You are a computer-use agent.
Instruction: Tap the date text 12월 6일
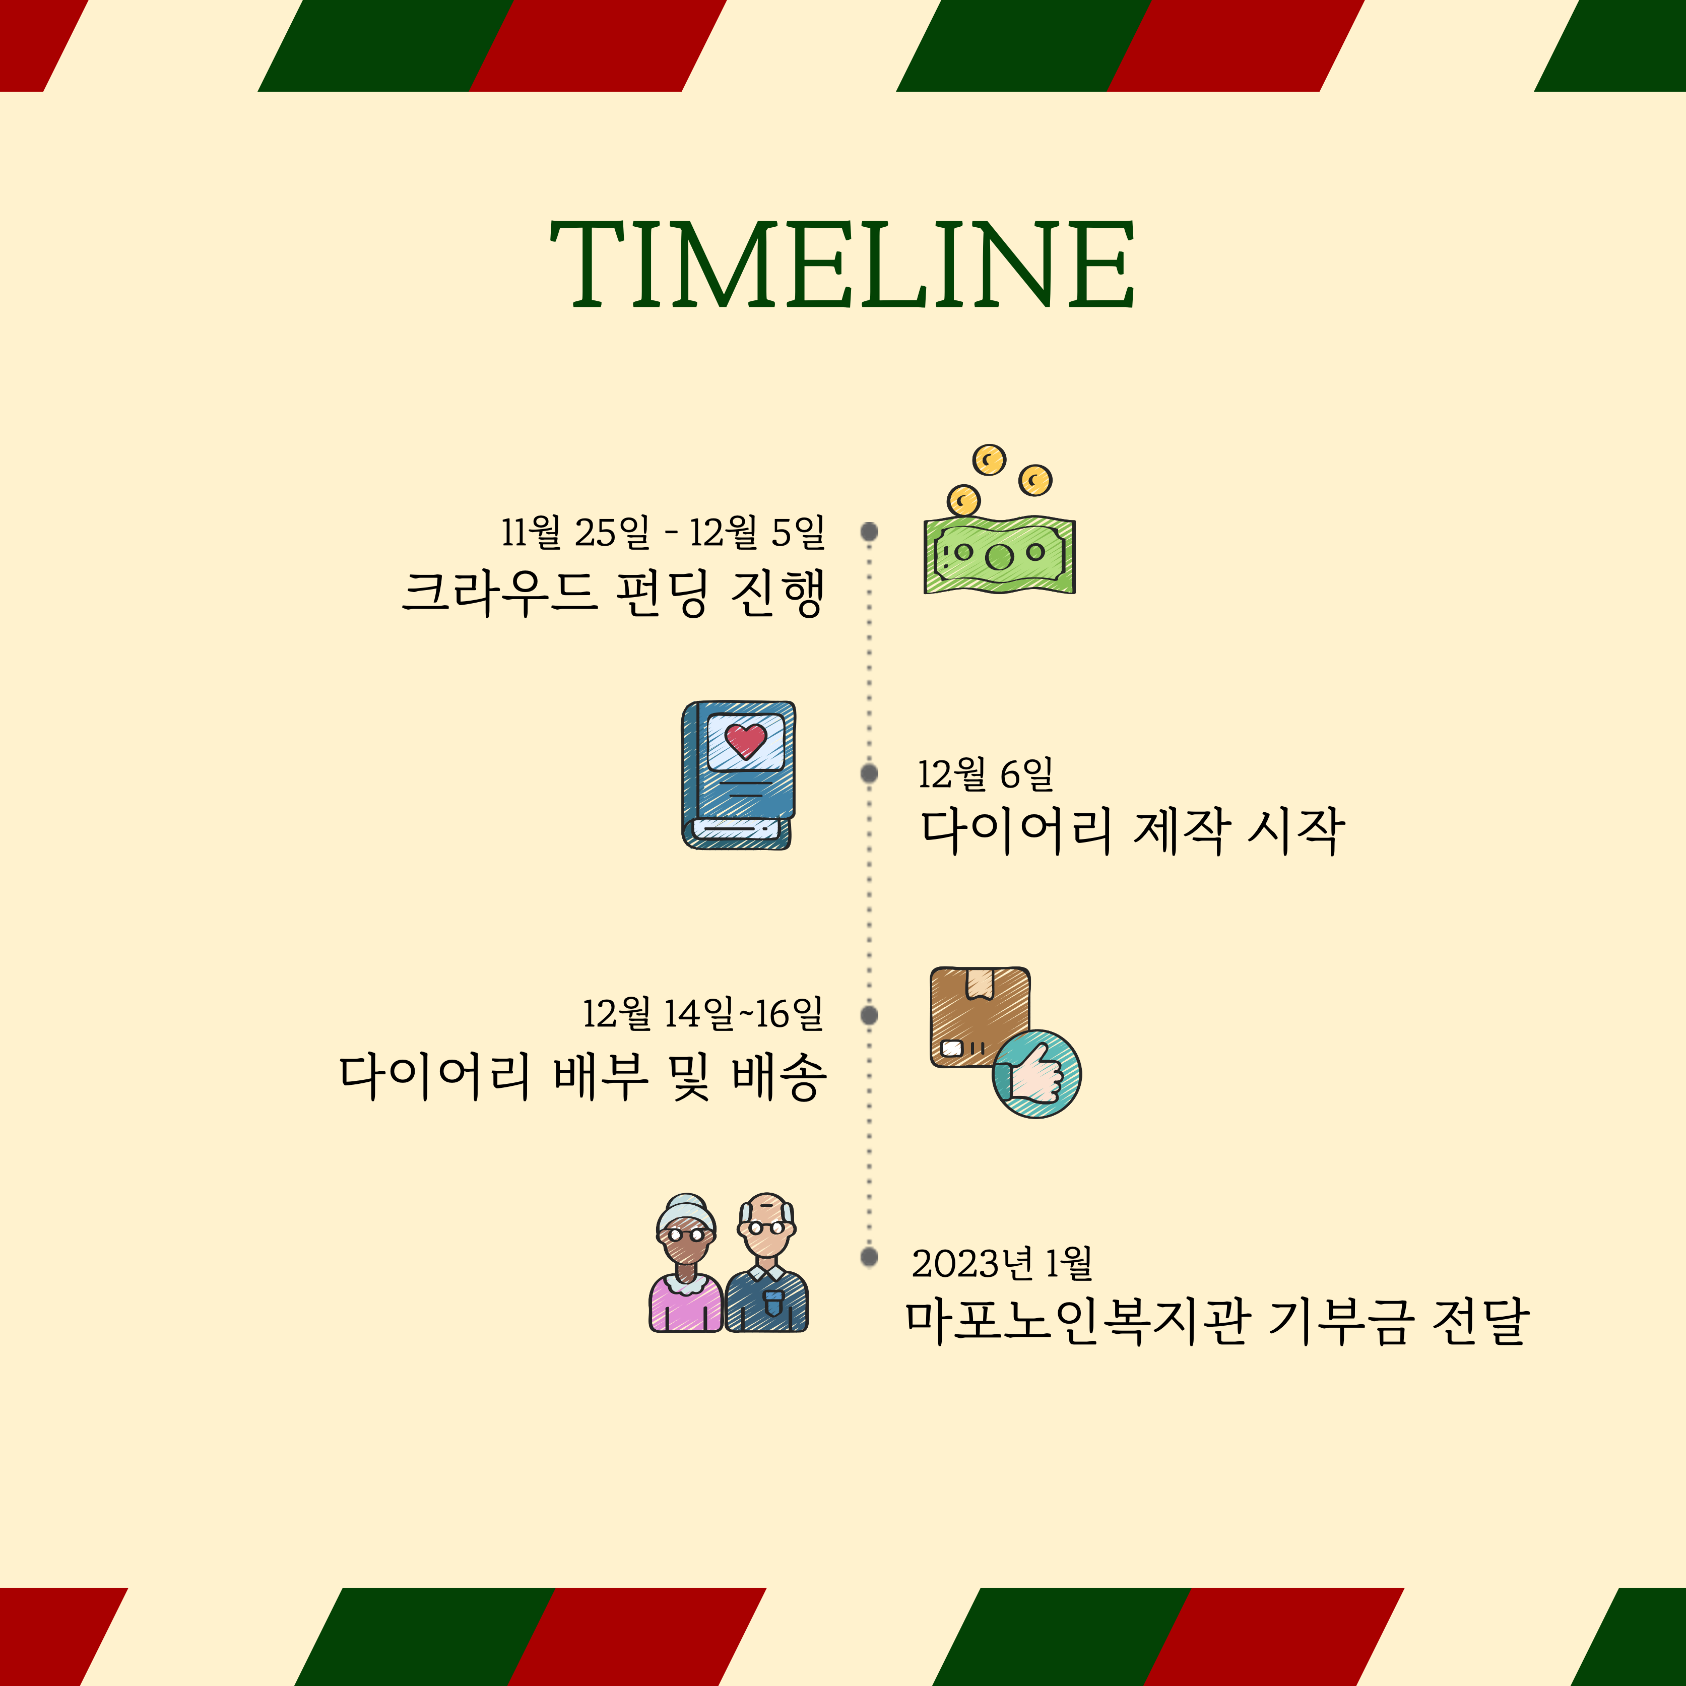point(985,774)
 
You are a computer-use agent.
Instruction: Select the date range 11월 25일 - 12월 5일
point(662,532)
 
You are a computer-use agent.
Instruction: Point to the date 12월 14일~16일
point(702,1014)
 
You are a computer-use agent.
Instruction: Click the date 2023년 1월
point(1002,1263)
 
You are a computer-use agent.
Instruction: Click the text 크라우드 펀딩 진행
point(613,594)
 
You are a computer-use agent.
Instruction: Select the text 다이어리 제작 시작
point(1133,831)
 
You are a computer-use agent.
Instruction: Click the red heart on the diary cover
point(745,740)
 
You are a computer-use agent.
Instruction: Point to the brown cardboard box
point(979,1017)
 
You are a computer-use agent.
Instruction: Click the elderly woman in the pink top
point(686,1263)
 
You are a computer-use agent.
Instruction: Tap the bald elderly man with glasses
point(767,1263)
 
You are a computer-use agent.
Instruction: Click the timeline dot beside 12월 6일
point(869,773)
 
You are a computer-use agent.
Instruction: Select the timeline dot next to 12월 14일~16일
point(869,1015)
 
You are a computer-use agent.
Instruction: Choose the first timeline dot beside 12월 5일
point(869,532)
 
